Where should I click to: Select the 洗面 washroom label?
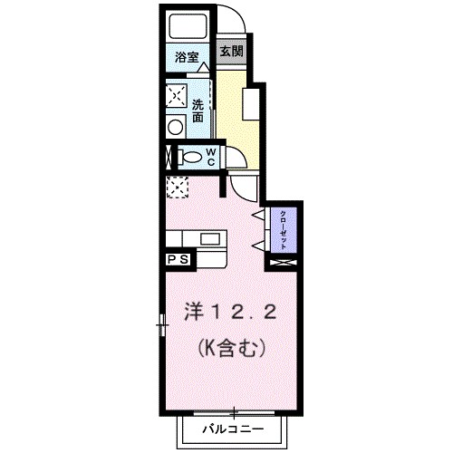pyautogui.click(x=198, y=111)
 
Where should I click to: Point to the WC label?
pyautogui.click(x=208, y=156)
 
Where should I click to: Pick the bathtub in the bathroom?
pyautogui.click(x=189, y=28)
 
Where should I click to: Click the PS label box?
pyautogui.click(x=177, y=259)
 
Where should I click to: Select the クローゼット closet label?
pyautogui.click(x=284, y=230)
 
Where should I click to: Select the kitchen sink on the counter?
pyautogui.click(x=212, y=240)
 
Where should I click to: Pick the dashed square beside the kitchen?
pyautogui.click(x=176, y=188)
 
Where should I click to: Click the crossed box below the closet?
pyautogui.click(x=284, y=263)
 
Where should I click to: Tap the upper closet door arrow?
pyautogui.click(x=258, y=215)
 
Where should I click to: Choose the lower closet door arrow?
pyautogui.click(x=258, y=246)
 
